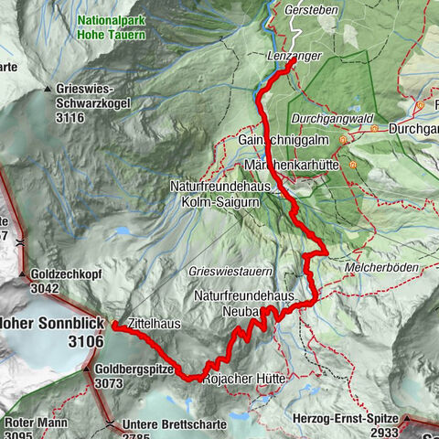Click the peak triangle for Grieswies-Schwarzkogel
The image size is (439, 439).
coord(48,89)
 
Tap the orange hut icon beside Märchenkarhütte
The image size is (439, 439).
coord(352,165)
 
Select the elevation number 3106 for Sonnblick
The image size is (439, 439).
coord(84,341)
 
